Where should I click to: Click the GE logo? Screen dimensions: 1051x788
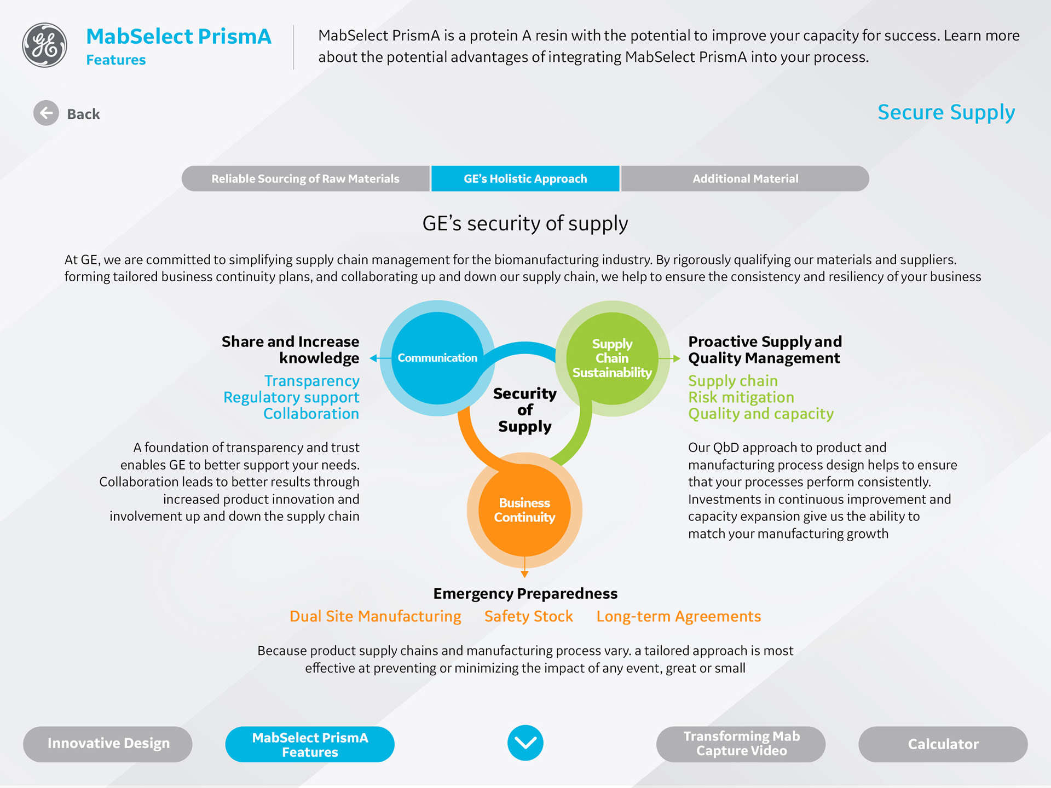[45, 45]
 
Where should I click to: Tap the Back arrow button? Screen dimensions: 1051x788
[47, 113]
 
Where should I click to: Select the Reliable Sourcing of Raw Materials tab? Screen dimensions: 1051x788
[305, 179]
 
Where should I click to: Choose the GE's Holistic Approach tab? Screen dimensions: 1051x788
[525, 179]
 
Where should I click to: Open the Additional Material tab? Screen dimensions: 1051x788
[745, 179]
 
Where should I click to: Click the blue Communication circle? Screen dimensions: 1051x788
[437, 358]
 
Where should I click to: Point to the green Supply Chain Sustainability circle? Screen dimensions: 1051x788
[612, 358]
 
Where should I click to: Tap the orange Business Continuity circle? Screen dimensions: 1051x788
[524, 510]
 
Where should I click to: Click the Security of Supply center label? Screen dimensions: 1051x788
[524, 410]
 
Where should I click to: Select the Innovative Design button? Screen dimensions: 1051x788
[108, 744]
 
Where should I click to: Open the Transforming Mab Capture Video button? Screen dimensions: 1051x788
[741, 744]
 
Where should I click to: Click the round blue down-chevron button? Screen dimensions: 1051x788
[525, 743]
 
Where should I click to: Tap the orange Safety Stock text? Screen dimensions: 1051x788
[528, 617]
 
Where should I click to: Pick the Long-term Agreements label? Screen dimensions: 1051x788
[678, 617]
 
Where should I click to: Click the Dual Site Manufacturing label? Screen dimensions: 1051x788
[375, 617]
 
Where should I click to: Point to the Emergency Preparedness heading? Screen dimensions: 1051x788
[525, 594]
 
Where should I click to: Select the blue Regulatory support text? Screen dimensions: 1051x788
[291, 397]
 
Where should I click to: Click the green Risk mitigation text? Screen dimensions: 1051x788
[741, 397]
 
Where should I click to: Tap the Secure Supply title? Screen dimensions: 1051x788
[946, 113]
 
